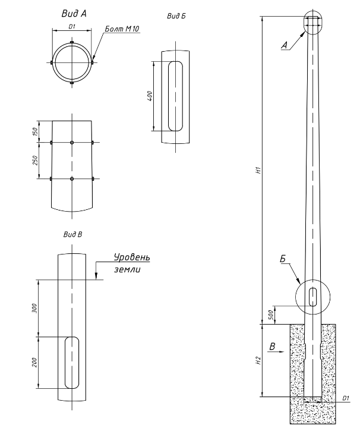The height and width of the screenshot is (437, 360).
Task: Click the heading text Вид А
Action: point(74,13)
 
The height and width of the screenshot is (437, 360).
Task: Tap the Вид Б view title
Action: point(176,16)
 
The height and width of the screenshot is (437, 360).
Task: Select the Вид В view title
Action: point(72,234)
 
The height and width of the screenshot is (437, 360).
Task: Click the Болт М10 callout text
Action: point(122,29)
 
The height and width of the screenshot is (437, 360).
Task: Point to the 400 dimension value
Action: point(150,96)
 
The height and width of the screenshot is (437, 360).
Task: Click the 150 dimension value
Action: point(35,131)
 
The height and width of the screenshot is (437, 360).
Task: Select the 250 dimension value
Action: point(35,161)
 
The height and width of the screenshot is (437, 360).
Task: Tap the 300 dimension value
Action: point(34,308)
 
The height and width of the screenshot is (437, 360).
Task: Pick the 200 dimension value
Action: point(34,362)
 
